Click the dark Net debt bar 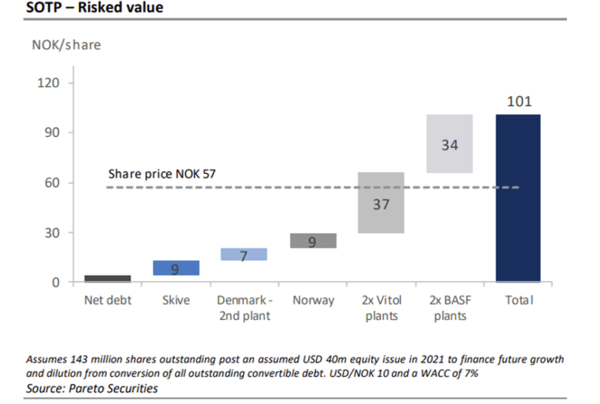[x=108, y=278]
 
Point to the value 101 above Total [x=519, y=102]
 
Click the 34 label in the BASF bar [x=450, y=145]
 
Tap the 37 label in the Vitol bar [x=381, y=204]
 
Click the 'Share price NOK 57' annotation [x=162, y=174]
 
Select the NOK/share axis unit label [x=66, y=45]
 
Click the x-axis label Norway [x=313, y=300]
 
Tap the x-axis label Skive [x=175, y=300]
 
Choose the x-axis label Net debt [x=108, y=300]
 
